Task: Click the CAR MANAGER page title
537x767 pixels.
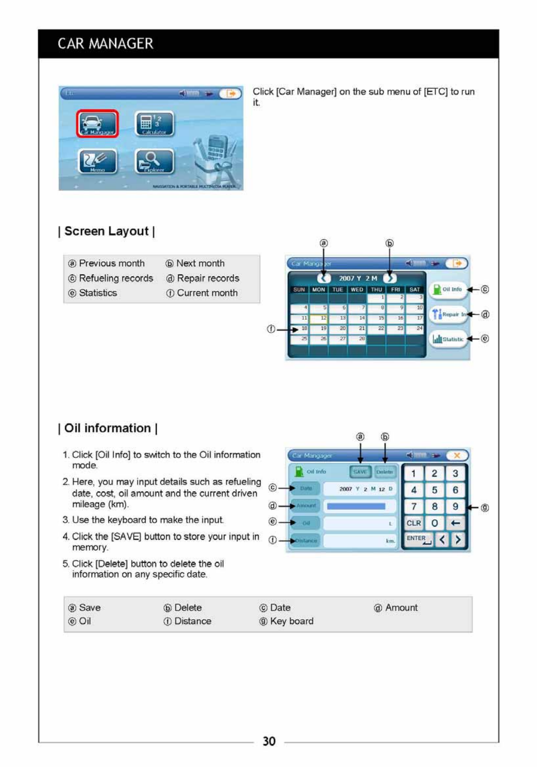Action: tap(105, 44)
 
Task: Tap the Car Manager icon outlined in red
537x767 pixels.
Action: tap(97, 123)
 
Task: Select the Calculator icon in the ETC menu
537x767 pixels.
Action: tap(154, 123)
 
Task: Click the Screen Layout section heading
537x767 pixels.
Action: tap(107, 231)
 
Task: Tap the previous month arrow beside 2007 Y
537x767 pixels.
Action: tap(324, 278)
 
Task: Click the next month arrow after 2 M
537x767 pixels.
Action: tap(390, 278)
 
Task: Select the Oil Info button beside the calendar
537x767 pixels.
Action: tap(448, 290)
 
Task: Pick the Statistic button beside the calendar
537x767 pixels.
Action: tap(448, 339)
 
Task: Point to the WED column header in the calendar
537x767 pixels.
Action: tap(357, 290)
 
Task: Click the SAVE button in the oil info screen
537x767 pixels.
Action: tap(360, 472)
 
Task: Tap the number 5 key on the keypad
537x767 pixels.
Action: tap(435, 490)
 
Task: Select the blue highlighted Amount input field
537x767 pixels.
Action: tap(356, 506)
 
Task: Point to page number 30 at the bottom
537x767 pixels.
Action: tap(269, 741)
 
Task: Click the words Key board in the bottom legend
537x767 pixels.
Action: tap(292, 621)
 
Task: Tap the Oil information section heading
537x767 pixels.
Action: tap(107, 428)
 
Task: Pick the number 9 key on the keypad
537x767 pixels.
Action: tap(455, 507)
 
